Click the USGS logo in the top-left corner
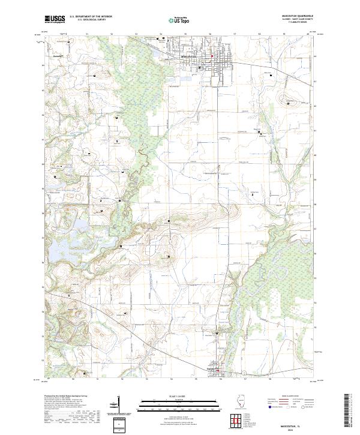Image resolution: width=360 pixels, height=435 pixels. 55,19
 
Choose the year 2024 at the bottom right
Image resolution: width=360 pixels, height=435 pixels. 293,428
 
